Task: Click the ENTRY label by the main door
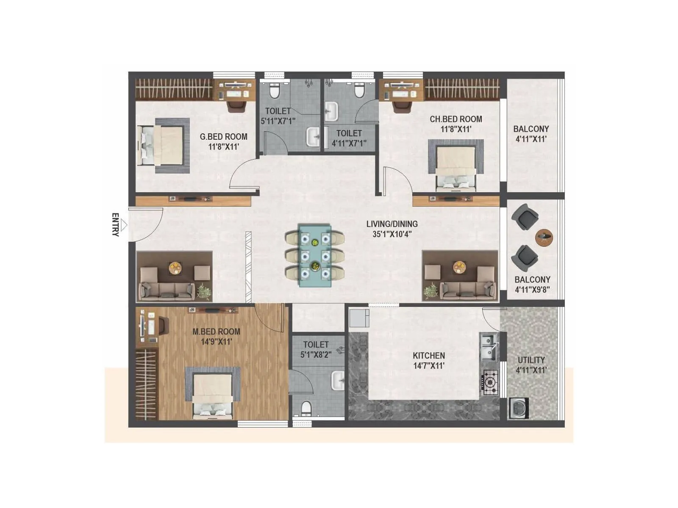[x=115, y=224]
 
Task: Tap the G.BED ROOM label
[x=223, y=137]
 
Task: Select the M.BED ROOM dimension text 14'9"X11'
[x=216, y=341]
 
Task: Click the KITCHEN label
[x=429, y=356]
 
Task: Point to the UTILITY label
[x=531, y=360]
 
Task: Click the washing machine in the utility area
[x=519, y=409]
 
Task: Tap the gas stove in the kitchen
[x=490, y=383]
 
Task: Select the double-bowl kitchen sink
[x=489, y=348]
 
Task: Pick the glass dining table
[x=315, y=255]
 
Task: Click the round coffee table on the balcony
[x=544, y=237]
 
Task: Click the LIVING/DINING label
[x=392, y=224]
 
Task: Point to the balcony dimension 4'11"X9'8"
[x=532, y=290]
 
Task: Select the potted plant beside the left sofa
[x=204, y=291]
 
